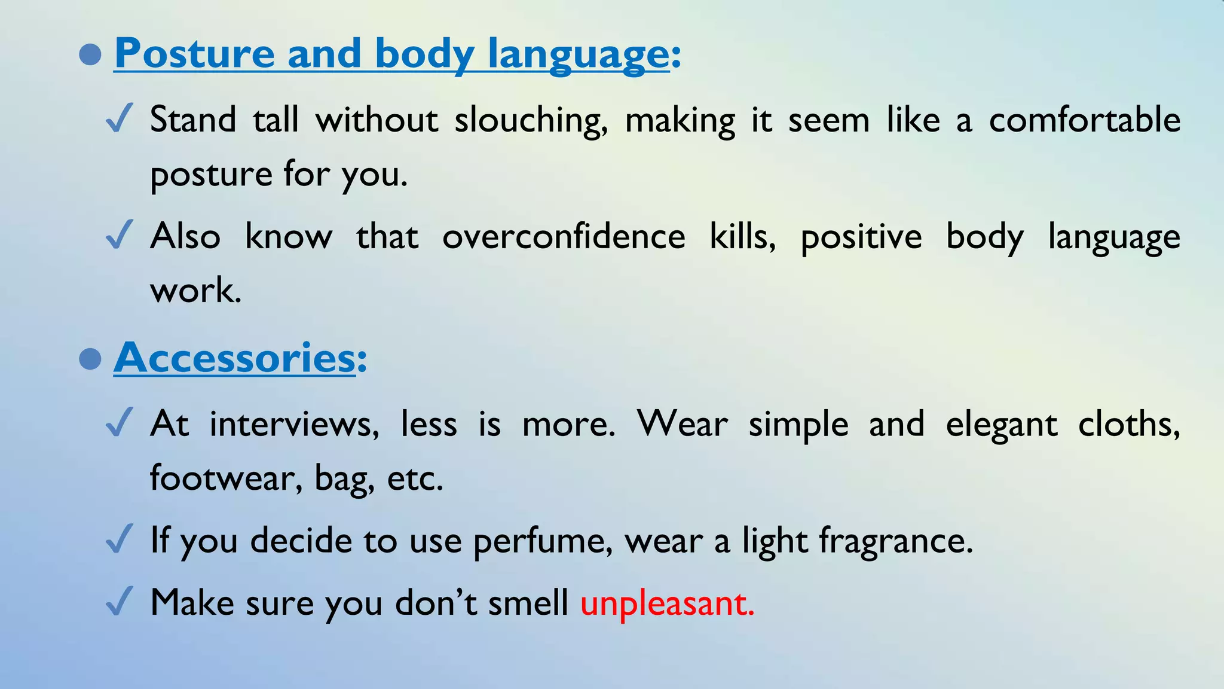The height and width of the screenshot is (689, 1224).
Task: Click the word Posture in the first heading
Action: [x=194, y=54]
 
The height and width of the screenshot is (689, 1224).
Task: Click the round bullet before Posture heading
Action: [x=90, y=54]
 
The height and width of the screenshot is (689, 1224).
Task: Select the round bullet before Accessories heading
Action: [x=90, y=359]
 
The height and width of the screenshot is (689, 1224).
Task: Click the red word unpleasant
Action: [x=666, y=603]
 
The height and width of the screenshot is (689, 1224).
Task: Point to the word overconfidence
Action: [x=564, y=236]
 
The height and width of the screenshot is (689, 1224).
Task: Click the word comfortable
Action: [x=1085, y=119]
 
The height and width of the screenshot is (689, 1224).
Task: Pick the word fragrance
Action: [x=895, y=541]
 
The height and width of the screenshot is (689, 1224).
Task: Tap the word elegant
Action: [x=1002, y=425]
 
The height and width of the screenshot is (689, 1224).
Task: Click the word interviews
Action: [x=294, y=425]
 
